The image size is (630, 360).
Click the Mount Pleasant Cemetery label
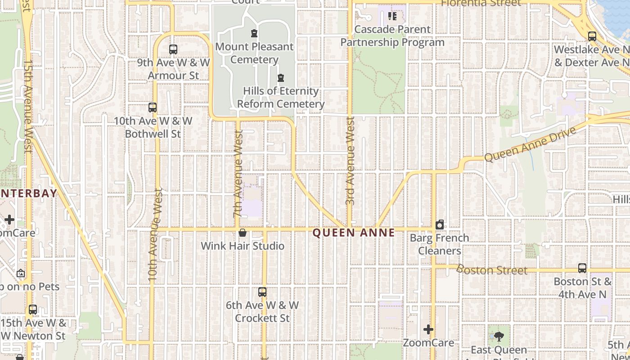[x=254, y=53]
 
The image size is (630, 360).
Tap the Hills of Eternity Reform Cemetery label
[x=281, y=98]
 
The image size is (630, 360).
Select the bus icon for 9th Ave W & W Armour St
[x=173, y=49]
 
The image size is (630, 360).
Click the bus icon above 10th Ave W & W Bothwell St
[x=153, y=108]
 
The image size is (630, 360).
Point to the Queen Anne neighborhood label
[x=354, y=233]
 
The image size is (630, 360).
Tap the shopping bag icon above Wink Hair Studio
[x=243, y=233]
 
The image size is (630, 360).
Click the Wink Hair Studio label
[x=243, y=246]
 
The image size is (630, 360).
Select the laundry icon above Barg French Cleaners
[x=440, y=225]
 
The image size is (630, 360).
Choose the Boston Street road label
[x=491, y=270]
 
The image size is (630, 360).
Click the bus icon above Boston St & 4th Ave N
[x=582, y=268]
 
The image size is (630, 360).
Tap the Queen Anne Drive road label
[x=530, y=144]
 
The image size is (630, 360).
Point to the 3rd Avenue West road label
[x=351, y=161]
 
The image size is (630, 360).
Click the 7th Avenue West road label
[x=238, y=174]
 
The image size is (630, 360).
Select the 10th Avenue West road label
[x=154, y=234]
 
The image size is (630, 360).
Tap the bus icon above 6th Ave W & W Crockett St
[x=262, y=292]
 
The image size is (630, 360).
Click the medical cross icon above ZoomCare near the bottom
[x=428, y=330]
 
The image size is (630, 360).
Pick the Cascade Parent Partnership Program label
[x=392, y=36]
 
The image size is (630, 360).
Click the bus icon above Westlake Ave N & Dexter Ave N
[x=592, y=36]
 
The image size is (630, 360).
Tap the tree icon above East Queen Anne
[x=499, y=337]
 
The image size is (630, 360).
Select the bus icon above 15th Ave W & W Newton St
[x=33, y=310]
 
